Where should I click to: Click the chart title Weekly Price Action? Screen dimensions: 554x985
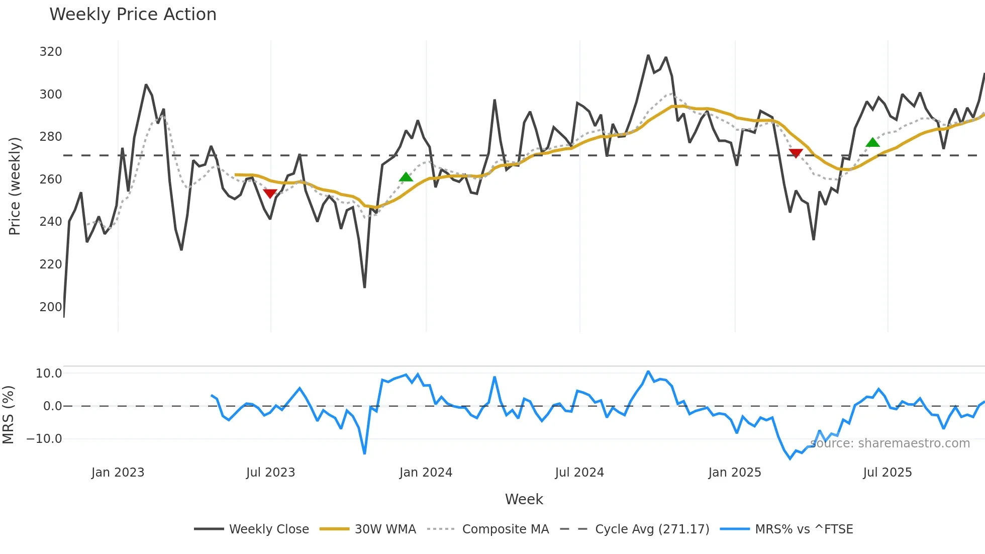(133, 15)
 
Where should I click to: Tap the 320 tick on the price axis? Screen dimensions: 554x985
(51, 52)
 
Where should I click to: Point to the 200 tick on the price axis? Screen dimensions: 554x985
(51, 307)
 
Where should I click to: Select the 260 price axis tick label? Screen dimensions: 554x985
(51, 179)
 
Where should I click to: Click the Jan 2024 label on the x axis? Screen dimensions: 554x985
(426, 473)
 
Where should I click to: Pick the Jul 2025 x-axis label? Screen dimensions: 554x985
(887, 473)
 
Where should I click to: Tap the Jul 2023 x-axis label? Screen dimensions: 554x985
(270, 473)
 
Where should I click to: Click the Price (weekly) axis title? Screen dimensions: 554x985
(15, 186)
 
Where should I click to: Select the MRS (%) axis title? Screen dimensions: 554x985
(9, 415)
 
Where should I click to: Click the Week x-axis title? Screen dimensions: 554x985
(524, 499)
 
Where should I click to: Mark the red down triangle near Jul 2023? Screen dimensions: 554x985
(270, 194)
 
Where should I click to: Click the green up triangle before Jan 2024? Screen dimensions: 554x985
(406, 177)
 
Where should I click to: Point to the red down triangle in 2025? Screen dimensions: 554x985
(796, 153)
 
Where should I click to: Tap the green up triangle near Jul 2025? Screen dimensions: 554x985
(872, 142)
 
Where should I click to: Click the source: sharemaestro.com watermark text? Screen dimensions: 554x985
(890, 443)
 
